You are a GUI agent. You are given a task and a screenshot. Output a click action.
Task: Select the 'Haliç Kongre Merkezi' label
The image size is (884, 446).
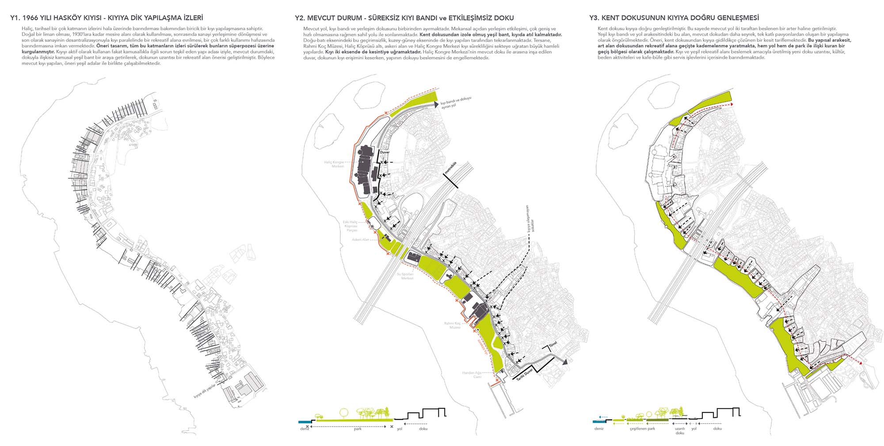[x=334, y=164]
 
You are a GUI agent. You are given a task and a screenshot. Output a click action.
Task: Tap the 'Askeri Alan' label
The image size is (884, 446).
[x=360, y=240]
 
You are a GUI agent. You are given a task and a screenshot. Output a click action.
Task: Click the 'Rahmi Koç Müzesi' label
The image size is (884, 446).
[x=453, y=325]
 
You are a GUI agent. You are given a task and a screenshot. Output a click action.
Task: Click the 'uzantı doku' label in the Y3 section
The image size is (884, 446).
[x=680, y=431]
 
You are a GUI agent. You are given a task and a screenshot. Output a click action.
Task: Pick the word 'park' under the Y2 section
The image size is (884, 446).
[x=358, y=429]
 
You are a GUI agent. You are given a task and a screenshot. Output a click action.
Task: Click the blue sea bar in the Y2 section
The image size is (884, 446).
[x=305, y=421]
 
